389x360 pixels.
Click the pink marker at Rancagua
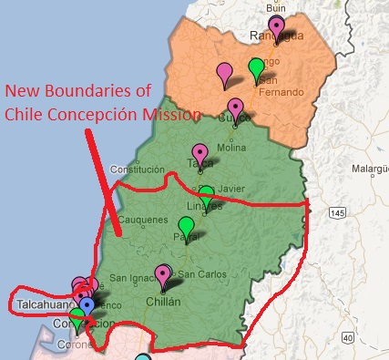[x=276, y=26]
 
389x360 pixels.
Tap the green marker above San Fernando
[x=257, y=67]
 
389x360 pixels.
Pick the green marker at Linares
[x=207, y=193]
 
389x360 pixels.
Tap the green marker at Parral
[x=186, y=225]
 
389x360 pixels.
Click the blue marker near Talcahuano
[x=87, y=303]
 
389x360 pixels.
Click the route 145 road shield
[x=340, y=212]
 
